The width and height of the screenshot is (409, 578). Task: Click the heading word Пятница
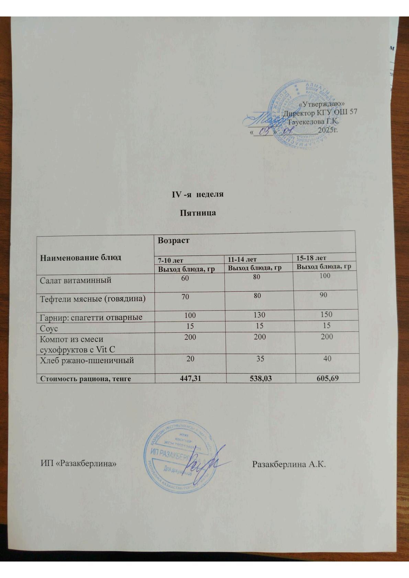click(198, 213)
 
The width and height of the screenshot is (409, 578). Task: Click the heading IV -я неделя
click(198, 194)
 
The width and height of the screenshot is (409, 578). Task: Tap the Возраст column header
click(174, 241)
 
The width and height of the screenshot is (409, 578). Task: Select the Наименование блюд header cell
click(81, 257)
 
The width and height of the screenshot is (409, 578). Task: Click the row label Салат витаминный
click(76, 280)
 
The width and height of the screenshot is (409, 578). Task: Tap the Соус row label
click(49, 328)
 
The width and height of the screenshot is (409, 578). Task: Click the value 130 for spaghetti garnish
click(259, 315)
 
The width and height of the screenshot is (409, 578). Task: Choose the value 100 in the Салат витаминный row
click(325, 276)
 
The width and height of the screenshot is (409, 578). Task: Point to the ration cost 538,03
click(260, 379)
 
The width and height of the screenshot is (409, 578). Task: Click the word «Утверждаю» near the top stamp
click(322, 104)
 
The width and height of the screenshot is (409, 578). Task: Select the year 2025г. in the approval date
click(328, 130)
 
